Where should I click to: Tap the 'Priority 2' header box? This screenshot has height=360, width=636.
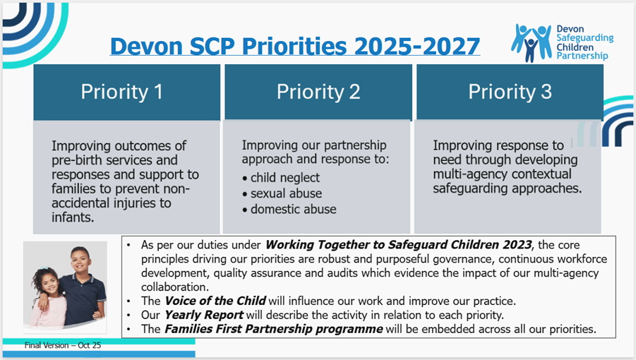(x=318, y=92)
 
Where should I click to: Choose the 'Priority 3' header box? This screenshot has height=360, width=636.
(x=510, y=92)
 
